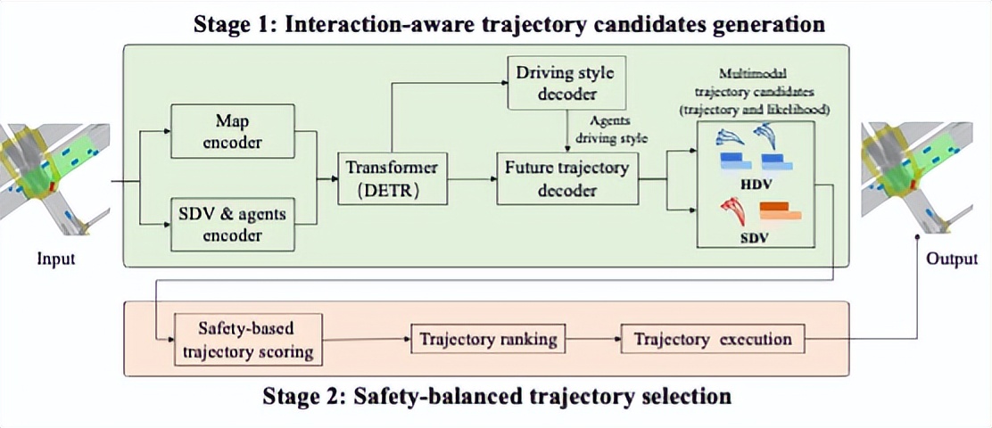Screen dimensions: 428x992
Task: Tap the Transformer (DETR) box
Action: pyautogui.click(x=392, y=178)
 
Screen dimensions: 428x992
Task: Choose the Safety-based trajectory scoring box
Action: pyautogui.click(x=248, y=339)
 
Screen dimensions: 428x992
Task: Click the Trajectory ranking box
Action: pyautogui.click(x=488, y=339)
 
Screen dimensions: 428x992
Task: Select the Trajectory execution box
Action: pyautogui.click(x=712, y=339)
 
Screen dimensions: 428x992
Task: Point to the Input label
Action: pyautogui.click(x=56, y=259)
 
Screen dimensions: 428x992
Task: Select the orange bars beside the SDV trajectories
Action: pyautogui.click(x=780, y=211)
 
